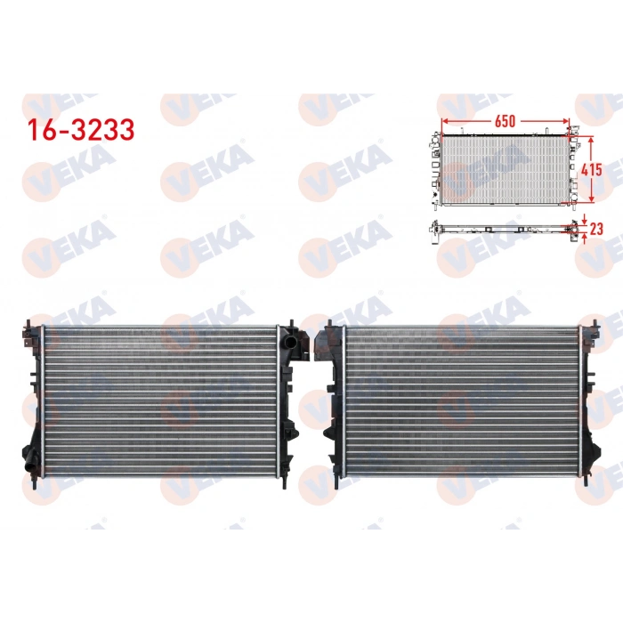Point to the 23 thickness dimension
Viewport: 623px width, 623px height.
point(596,228)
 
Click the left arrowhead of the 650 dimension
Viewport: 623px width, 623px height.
point(443,120)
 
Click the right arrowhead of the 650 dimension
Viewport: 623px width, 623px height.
point(566,120)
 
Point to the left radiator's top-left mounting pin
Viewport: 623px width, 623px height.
point(28,321)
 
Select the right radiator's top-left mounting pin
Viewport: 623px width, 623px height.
point(331,323)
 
